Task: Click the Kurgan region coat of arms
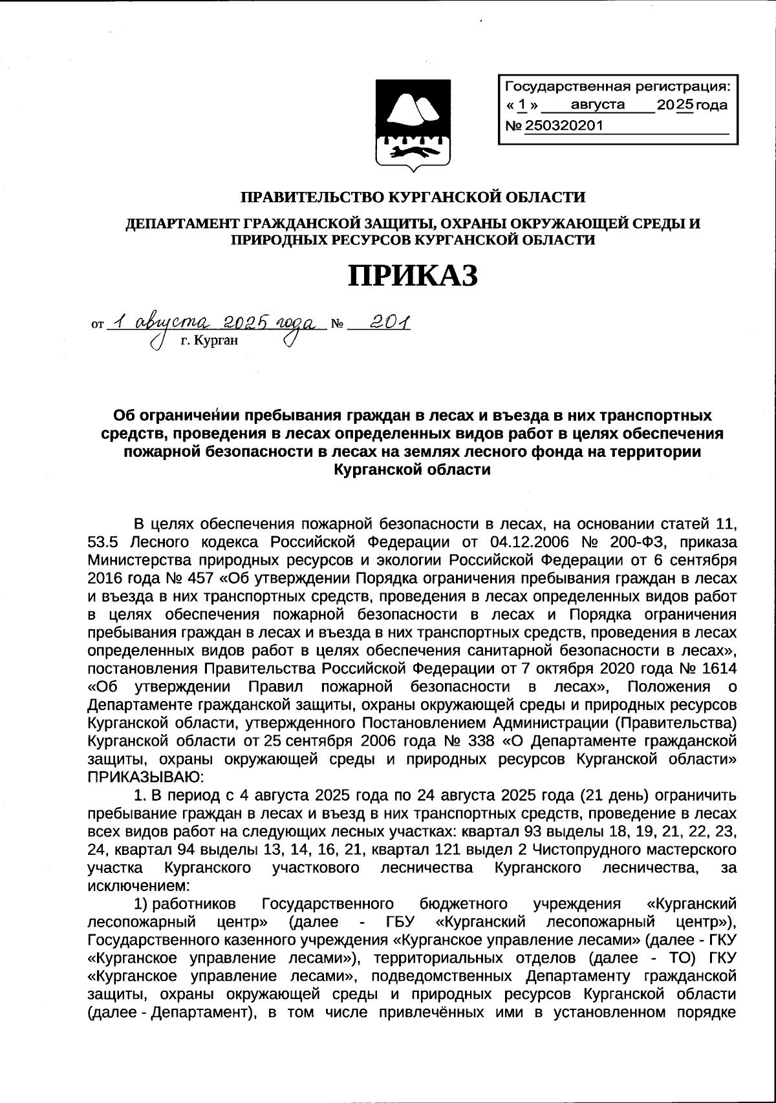(x=414, y=125)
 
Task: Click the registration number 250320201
(x=563, y=125)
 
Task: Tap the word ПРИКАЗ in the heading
(x=414, y=276)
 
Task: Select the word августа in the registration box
(x=598, y=105)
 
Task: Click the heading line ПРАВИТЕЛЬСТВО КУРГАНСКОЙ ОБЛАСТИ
(x=413, y=196)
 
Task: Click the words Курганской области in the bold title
(x=412, y=470)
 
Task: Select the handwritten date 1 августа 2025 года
(x=213, y=322)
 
